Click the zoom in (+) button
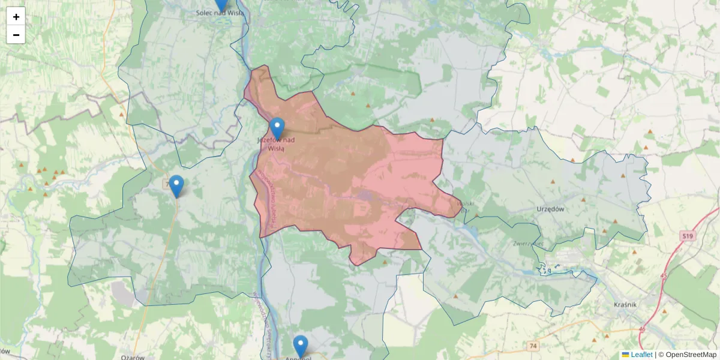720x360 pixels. click(16, 17)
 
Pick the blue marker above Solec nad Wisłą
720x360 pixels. click(221, 4)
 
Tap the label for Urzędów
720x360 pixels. click(550, 209)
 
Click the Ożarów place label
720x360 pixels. click(133, 357)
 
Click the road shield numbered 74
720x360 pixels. click(533, 346)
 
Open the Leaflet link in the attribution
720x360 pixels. click(641, 355)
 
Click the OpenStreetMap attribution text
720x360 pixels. click(691, 355)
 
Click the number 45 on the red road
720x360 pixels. click(664, 275)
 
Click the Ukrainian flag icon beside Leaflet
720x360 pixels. click(626, 355)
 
